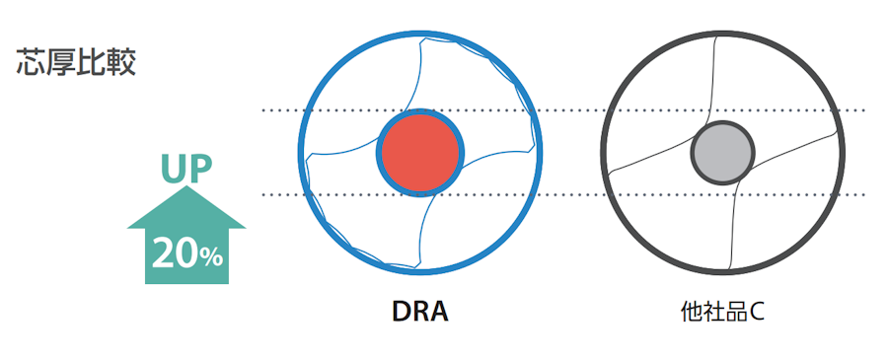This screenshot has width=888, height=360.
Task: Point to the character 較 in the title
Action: [121, 61]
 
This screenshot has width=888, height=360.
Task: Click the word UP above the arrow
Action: [185, 168]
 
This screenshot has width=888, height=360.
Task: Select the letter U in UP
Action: [173, 168]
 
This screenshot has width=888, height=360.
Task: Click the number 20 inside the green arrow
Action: [174, 254]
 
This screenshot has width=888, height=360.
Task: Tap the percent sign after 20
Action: [211, 257]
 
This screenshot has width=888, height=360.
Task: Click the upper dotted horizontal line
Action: [572, 110]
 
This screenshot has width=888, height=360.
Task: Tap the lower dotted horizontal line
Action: [572, 194]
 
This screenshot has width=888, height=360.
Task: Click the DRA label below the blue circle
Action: [419, 313]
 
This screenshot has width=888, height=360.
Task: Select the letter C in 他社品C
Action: [757, 313]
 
